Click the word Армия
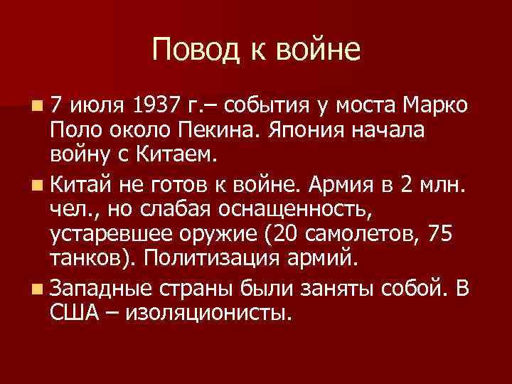(337, 186)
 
